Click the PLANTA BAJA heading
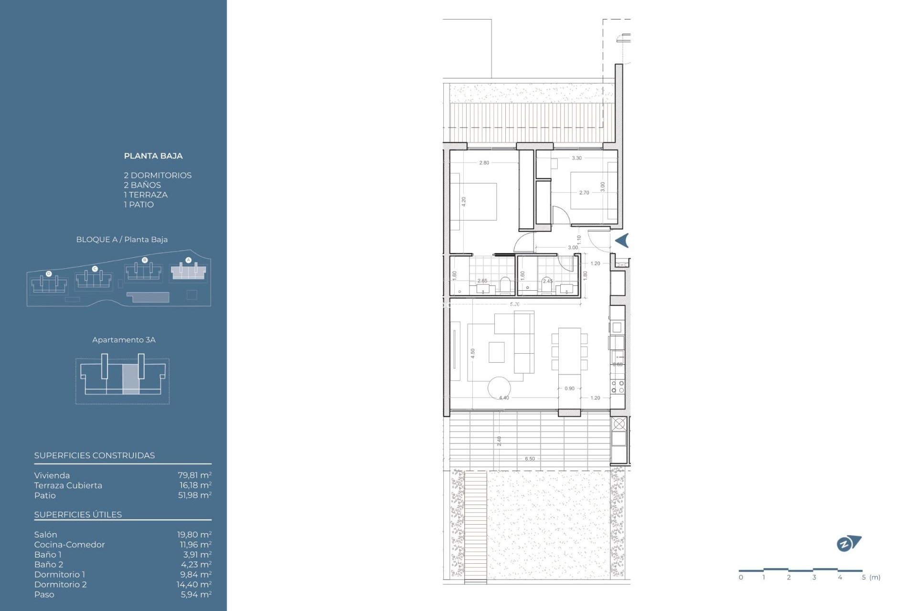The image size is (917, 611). pos(153,156)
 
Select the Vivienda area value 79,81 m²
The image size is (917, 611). pos(194,475)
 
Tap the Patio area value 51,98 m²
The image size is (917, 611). pos(194,495)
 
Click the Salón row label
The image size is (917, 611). pos(45,535)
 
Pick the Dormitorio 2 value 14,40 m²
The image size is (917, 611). pos(194,584)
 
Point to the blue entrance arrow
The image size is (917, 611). pos(622,241)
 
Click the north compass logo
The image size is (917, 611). pos(848,543)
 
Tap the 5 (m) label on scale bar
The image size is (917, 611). pos(871,577)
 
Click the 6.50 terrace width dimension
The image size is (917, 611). pos(530,459)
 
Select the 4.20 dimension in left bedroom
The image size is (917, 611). pos(463,201)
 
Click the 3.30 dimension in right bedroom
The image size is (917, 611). pos(576,158)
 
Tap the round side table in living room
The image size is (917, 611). pos(499,388)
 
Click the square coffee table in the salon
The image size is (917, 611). pos(496,352)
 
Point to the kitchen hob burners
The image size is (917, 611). pos(617,387)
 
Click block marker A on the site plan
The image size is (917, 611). pos(188,260)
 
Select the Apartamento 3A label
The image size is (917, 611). pos(124,340)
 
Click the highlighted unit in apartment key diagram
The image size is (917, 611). pos(130,379)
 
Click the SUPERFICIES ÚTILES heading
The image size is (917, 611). pos(78,515)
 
